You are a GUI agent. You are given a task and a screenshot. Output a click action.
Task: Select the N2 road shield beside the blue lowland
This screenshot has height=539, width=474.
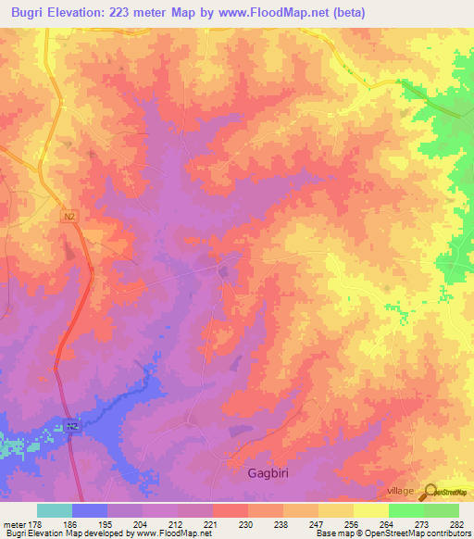[72, 426]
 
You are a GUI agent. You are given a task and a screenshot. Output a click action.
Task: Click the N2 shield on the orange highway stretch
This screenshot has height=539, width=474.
[69, 217]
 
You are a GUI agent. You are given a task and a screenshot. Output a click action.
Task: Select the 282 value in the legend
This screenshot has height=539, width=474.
[455, 523]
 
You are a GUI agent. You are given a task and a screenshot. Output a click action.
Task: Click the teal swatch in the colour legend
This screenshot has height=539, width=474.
[55, 510]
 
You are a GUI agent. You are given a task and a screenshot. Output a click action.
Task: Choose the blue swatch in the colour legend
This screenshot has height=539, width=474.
[90, 510]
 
